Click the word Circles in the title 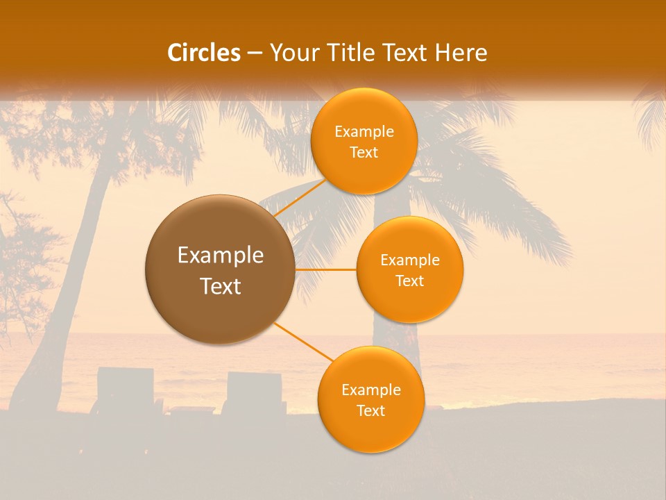point(203,53)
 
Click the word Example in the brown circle point(221,256)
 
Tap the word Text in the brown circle point(221,286)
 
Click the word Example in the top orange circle point(364,132)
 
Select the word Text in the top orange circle point(364,153)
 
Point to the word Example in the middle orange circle point(410,260)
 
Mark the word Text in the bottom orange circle point(370,411)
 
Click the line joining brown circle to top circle point(300,198)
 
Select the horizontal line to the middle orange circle point(326,269)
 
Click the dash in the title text point(254,53)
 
